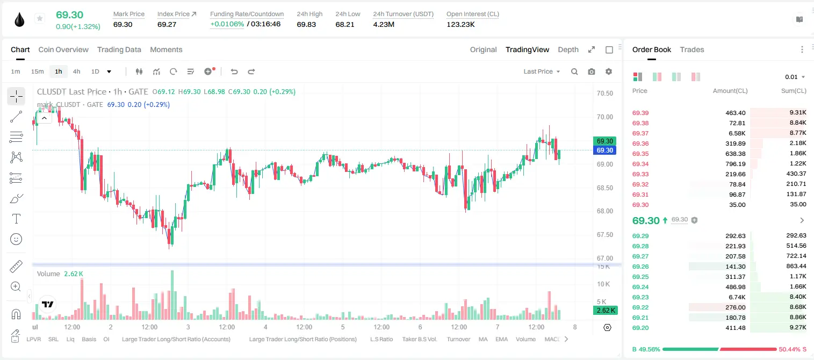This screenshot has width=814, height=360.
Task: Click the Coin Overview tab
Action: (63, 50)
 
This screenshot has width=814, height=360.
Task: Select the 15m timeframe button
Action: (37, 71)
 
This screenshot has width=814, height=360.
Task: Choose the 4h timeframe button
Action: (76, 71)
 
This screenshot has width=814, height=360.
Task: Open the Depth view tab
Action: (568, 50)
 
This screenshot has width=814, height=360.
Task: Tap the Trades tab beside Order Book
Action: (692, 50)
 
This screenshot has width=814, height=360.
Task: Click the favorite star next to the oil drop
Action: (40, 18)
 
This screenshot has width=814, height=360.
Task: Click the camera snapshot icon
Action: (591, 71)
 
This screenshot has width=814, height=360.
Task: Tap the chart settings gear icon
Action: (609, 71)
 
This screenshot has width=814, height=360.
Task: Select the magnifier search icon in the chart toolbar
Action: (574, 71)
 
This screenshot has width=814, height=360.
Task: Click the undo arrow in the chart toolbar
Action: (234, 71)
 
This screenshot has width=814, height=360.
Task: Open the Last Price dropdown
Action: (542, 71)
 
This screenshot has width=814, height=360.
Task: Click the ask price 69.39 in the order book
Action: (640, 113)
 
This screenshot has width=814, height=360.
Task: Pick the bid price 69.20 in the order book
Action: (640, 328)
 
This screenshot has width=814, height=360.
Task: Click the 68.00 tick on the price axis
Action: (604, 211)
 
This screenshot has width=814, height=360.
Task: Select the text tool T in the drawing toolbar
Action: (16, 219)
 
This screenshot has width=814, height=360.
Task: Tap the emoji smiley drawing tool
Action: (16, 239)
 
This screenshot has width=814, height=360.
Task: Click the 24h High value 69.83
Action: (306, 24)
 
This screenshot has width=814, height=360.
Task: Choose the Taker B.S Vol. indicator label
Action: (419, 339)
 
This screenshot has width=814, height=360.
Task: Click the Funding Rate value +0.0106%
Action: (227, 24)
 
